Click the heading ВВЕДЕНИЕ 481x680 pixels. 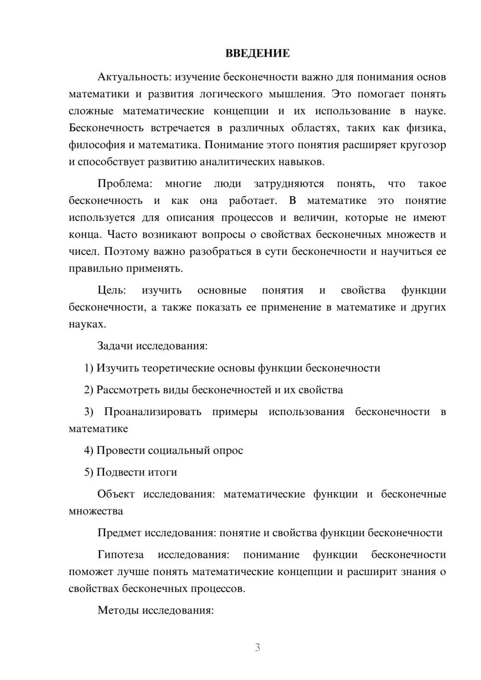tap(257, 53)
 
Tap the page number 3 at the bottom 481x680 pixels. tap(257, 647)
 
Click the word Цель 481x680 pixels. tap(112, 290)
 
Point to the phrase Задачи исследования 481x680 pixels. tap(152, 346)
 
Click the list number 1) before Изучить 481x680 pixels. tap(89, 368)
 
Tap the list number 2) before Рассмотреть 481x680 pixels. tap(89, 390)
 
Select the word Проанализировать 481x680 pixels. tap(152, 412)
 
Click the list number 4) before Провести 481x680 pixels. tap(89, 451)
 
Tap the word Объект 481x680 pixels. tap(116, 494)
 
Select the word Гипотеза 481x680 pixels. tap(120, 554)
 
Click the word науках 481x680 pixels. tap(87, 324)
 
